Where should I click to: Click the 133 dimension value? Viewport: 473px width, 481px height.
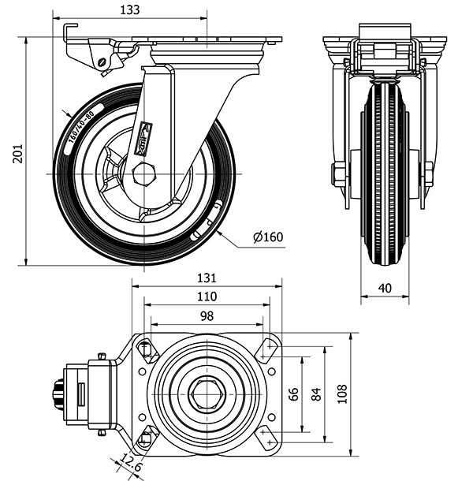[131, 10]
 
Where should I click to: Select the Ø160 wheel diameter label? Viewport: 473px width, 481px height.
[268, 237]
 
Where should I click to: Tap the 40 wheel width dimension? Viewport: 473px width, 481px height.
[385, 289]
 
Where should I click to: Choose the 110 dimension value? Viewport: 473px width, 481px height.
[207, 296]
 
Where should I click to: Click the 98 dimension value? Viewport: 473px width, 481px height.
[207, 315]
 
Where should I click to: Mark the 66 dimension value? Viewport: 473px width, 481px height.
[294, 393]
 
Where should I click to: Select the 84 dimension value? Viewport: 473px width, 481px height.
[316, 393]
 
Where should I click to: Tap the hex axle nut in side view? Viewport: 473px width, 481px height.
[143, 173]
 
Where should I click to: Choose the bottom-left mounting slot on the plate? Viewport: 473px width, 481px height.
[146, 436]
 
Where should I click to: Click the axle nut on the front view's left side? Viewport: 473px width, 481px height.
[338, 174]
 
